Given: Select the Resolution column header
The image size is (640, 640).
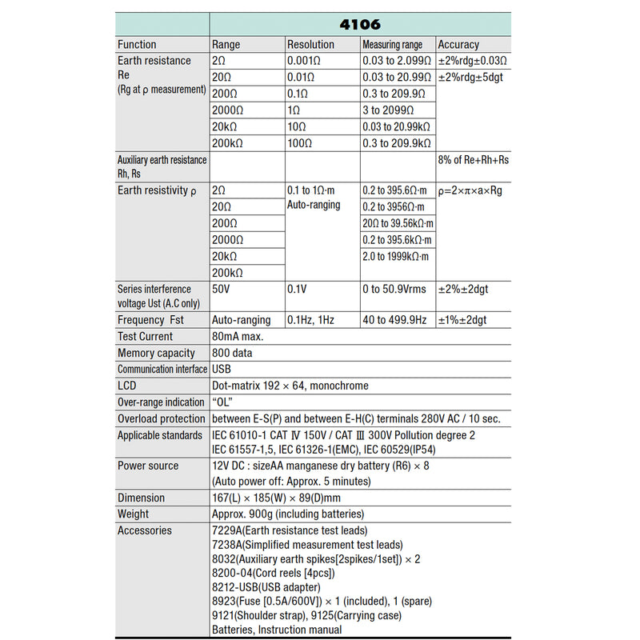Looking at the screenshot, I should pyautogui.click(x=311, y=45).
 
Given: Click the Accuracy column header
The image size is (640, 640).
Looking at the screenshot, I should pyautogui.click(x=458, y=45).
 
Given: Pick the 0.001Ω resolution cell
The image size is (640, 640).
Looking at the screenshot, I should pyautogui.click(x=308, y=61).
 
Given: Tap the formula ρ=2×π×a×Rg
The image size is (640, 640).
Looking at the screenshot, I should pyautogui.click(x=473, y=191).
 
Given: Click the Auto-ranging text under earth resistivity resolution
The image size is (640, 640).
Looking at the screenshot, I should pyautogui.click(x=314, y=205).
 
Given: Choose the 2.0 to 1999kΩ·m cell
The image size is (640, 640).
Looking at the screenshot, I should pyautogui.click(x=395, y=256).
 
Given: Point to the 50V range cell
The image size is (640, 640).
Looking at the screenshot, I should pyautogui.click(x=220, y=289).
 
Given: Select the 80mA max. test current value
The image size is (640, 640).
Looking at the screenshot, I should pyautogui.click(x=238, y=337).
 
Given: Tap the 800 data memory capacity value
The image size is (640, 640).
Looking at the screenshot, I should pyautogui.click(x=231, y=353).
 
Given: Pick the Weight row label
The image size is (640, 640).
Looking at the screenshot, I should pyautogui.click(x=133, y=514).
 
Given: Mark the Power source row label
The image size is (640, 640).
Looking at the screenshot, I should pyautogui.click(x=148, y=466).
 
